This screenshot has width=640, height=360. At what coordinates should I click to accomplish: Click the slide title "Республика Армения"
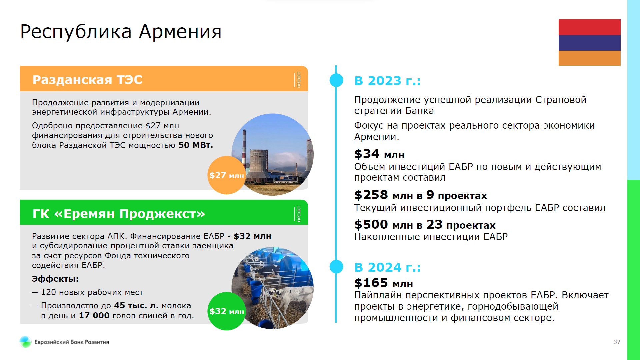click(x=121, y=32)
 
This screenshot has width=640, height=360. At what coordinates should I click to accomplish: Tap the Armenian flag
click(x=589, y=42)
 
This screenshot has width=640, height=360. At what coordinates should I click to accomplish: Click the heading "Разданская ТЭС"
click(x=87, y=80)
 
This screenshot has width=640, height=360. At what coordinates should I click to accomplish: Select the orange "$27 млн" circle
click(x=227, y=175)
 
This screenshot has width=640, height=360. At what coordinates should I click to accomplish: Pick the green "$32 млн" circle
click(x=227, y=311)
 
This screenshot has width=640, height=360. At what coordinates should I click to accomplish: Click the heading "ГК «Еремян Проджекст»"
click(x=119, y=214)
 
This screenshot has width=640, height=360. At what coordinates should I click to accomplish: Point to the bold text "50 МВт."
click(x=196, y=145)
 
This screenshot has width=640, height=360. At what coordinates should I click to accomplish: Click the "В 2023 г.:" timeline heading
click(x=387, y=81)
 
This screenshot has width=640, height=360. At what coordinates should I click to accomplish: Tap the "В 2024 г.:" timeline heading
click(x=387, y=267)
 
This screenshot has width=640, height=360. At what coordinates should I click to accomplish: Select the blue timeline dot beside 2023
click(x=336, y=80)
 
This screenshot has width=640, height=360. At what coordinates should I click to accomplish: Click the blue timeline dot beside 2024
click(x=336, y=267)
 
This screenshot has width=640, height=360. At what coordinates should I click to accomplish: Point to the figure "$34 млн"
click(x=379, y=154)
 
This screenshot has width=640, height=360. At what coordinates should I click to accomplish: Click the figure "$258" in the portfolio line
click(x=371, y=195)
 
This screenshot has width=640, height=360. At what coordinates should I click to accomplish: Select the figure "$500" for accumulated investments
click(x=371, y=225)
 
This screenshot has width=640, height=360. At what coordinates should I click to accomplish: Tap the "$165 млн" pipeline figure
click(x=384, y=283)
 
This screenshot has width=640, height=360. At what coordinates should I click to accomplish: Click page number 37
click(x=617, y=342)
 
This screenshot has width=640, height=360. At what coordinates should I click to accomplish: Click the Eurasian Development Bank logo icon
click(x=25, y=342)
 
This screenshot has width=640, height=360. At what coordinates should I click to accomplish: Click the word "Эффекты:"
click(x=55, y=279)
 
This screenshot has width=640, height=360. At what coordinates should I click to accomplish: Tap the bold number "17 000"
click(x=94, y=316)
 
